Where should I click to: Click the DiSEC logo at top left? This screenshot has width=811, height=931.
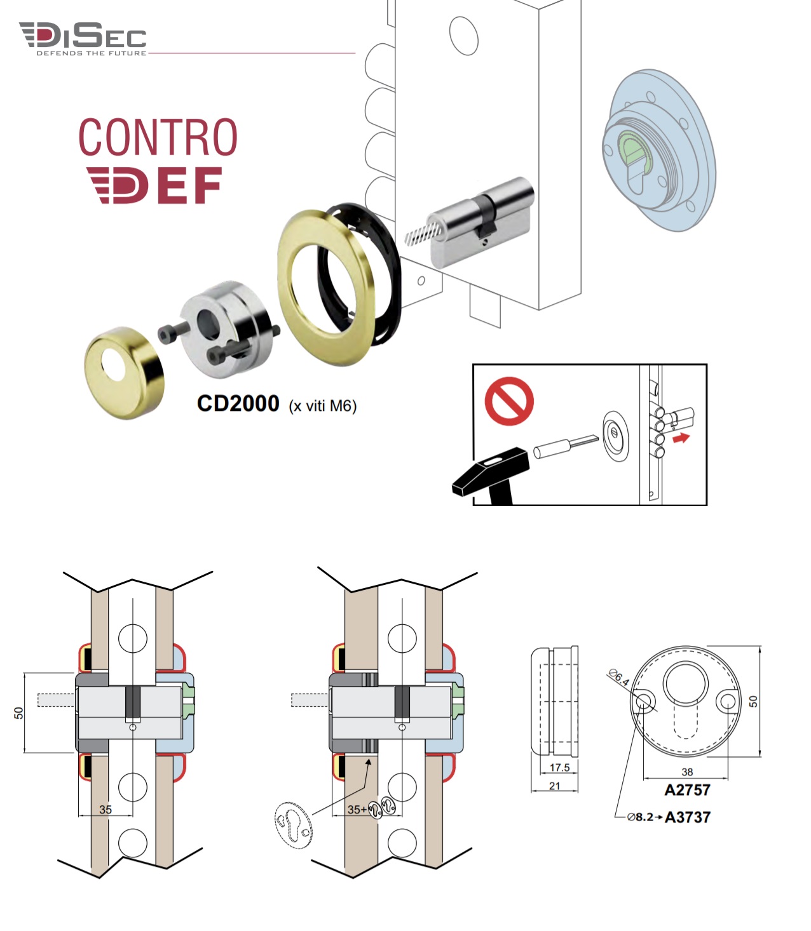(x=83, y=38)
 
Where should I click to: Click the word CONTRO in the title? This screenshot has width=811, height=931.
(x=158, y=137)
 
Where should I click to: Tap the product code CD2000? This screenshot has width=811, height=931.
(x=238, y=403)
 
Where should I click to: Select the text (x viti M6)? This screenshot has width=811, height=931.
(x=323, y=406)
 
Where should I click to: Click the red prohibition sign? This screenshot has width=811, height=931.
(x=509, y=401)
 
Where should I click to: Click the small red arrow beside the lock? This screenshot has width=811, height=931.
(x=681, y=438)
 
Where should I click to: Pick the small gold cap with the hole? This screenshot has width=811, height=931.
(x=125, y=372)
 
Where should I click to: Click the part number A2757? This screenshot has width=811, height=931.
(x=687, y=791)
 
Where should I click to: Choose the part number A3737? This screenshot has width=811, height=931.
(x=688, y=817)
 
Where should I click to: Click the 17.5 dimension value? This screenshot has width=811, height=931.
(x=559, y=767)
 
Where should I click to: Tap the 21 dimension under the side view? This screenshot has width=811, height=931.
(x=555, y=786)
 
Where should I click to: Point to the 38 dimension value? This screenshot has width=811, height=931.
(x=687, y=772)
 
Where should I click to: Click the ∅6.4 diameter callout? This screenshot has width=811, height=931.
(x=618, y=677)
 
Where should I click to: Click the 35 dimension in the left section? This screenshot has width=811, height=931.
(x=106, y=810)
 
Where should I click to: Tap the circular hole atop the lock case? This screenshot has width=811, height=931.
(x=463, y=35)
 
